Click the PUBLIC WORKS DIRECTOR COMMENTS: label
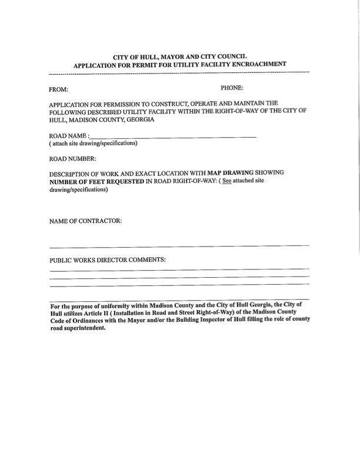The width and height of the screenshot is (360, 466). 108,259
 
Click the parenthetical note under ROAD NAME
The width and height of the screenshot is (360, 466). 94,144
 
